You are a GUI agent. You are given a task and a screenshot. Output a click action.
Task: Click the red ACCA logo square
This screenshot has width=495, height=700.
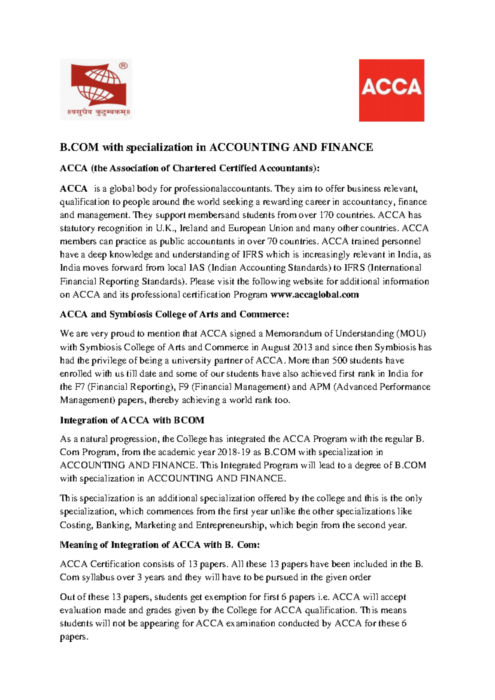[391, 90]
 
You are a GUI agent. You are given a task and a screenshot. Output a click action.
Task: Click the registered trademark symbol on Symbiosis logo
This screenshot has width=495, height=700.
[123, 66]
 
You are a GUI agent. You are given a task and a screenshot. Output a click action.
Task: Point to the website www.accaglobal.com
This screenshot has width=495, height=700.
[314, 295]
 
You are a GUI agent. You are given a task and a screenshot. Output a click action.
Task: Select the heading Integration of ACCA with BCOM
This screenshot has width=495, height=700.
[132, 420]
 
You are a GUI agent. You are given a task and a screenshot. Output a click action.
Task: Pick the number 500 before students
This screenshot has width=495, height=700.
[339, 360]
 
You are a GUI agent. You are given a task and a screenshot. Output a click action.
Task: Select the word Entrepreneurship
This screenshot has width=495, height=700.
[230, 525]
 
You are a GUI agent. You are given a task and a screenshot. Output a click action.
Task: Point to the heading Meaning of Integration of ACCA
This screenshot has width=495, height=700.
[160, 545]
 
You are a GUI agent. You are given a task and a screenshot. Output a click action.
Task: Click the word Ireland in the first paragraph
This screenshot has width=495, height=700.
[194, 228]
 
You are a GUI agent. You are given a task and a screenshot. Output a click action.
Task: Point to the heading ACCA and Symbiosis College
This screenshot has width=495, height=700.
[174, 315]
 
